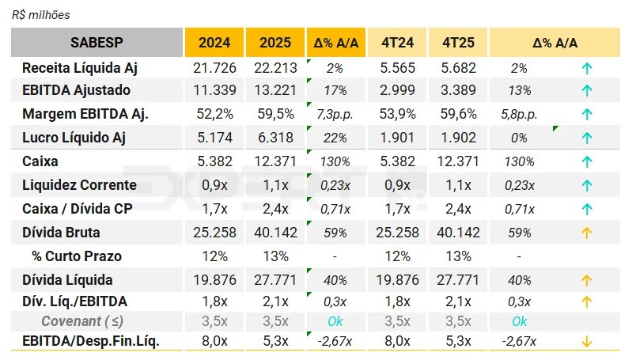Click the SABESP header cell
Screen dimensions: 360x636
pos(97,42)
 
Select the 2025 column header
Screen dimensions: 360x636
pos(274,43)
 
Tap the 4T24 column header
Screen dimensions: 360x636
pos(397,43)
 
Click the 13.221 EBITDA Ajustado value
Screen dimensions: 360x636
pos(274,90)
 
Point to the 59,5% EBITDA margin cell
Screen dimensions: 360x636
pos(274,114)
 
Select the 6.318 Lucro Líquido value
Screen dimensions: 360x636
pos(274,138)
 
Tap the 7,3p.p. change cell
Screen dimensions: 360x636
pos(335,114)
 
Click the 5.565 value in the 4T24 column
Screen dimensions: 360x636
pos(397,68)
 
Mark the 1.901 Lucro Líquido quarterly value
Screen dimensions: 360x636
pos(397,138)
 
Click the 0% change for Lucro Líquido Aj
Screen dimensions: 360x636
pos(519,138)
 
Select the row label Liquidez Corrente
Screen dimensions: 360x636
pos(79,185)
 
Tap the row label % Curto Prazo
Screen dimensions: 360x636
pos(77,256)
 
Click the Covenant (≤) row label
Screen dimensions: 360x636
pos(82,321)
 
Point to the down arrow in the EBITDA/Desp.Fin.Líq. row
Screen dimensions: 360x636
pos(587,342)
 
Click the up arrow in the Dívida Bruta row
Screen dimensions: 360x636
pos(587,233)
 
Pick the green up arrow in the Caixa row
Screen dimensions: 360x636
pos(587,161)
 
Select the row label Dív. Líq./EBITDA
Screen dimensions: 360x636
pos(74,301)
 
